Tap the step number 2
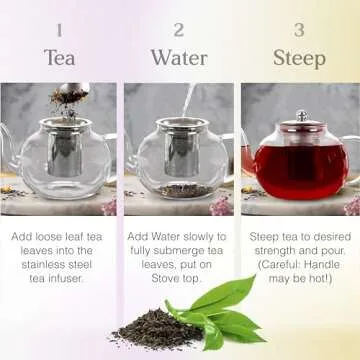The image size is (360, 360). coord(179,30)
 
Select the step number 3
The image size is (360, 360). coord(299,30)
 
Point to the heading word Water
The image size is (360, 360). coord(179,57)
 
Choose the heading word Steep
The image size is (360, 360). coord(299,57)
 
